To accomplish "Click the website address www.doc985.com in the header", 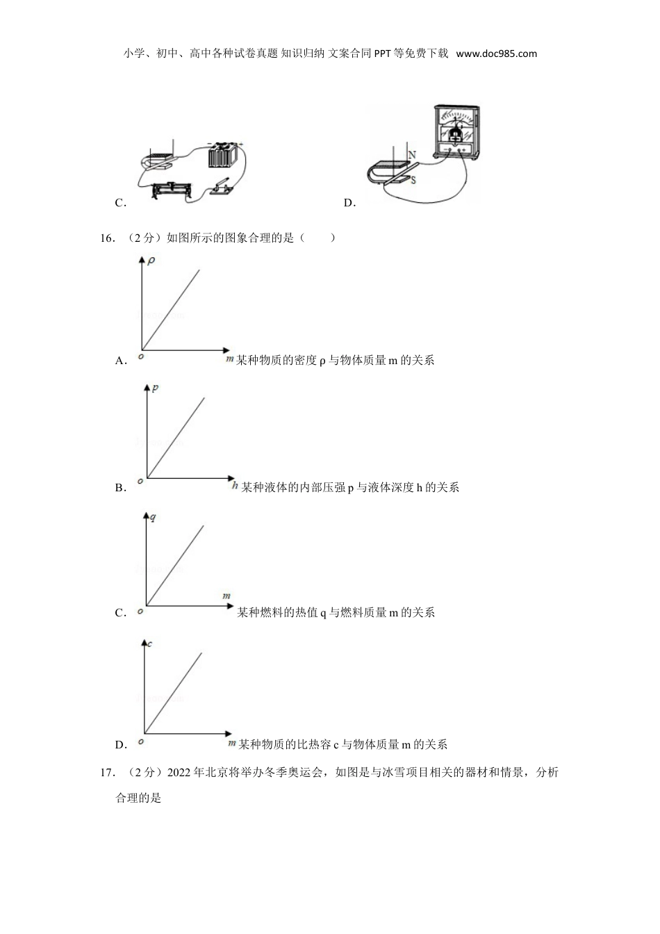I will point(497,54).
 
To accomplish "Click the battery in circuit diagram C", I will point(223,156).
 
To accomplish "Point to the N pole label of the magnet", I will point(412,155).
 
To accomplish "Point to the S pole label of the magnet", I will point(413,180).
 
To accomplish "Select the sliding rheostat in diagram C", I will point(172,189).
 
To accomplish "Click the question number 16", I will point(107,238).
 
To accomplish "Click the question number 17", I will point(107,773).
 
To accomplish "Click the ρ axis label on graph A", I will point(151,261).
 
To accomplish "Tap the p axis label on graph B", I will point(155,388).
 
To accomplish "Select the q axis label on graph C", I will point(153,516).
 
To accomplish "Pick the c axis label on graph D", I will point(150,644).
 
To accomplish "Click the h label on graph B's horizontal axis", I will point(236,486).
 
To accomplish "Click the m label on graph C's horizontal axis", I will point(226,596).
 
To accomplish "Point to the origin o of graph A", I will point(140,357).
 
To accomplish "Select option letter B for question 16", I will point(119,488).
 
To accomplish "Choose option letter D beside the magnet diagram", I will point(349,203).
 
